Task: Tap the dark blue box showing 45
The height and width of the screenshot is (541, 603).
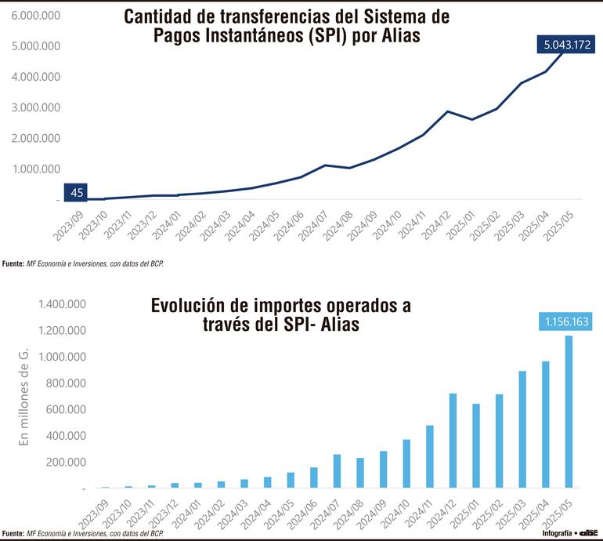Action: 76,192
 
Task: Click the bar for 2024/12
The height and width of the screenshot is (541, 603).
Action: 453,441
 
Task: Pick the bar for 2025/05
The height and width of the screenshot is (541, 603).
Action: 569,412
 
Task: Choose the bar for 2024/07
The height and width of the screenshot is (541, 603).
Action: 337,471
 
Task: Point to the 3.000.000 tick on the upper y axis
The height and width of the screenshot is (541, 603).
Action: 36,107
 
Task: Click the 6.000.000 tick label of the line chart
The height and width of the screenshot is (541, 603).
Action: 36,16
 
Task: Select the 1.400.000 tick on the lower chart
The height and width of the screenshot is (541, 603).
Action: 39,304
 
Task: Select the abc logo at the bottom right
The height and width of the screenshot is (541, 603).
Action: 587,532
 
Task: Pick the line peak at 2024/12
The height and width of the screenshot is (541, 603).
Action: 447,111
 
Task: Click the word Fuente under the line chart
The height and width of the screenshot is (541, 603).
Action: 13,263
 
